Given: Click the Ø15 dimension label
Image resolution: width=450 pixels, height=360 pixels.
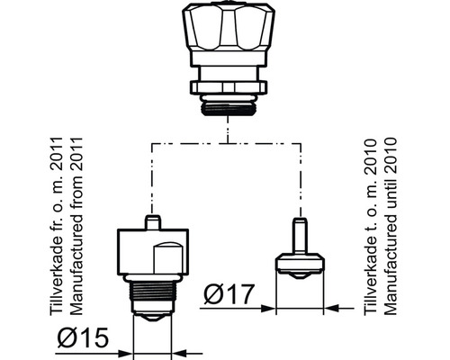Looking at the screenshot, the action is coord(83,337).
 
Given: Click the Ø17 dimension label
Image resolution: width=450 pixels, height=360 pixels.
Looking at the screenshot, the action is coord(229,293).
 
